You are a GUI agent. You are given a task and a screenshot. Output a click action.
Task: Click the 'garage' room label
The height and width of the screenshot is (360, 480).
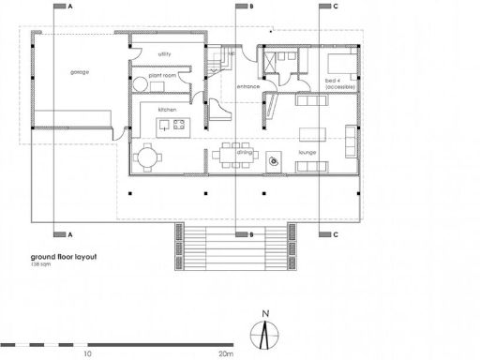click(79, 72)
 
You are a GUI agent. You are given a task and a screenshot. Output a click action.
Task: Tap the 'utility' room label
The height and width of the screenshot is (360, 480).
click(164, 53)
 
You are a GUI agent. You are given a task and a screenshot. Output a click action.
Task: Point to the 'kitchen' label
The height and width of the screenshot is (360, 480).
click(154, 110)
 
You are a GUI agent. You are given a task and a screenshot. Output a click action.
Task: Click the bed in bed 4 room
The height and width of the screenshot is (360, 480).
click(340, 65)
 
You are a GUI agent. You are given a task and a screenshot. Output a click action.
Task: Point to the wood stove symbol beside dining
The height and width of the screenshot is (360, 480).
click(274, 161)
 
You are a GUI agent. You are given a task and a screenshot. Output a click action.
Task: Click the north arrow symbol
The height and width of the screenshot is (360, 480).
click(266, 330)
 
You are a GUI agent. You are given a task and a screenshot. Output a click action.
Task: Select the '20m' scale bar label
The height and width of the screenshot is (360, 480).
click(225, 355)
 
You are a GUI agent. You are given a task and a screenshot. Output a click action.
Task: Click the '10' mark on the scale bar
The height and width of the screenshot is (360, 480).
click(87, 355)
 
